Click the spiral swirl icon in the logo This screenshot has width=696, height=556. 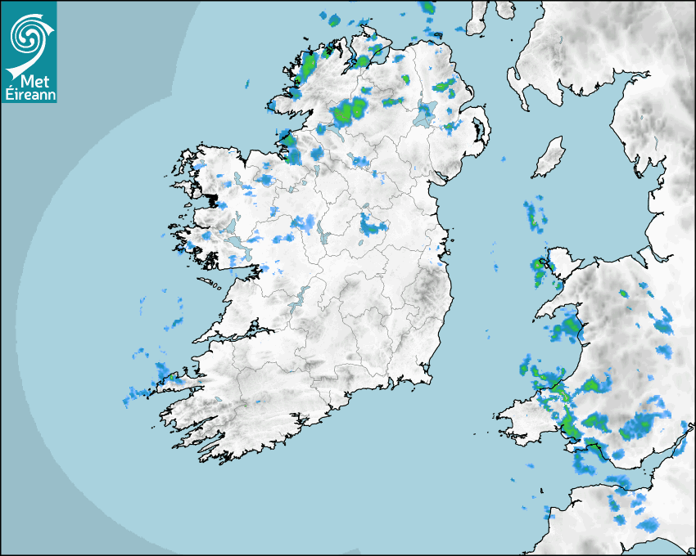point(28,35)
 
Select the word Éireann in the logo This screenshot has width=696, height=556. point(28,94)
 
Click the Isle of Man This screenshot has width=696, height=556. point(549,157)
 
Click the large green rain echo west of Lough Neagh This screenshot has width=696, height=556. point(350,110)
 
